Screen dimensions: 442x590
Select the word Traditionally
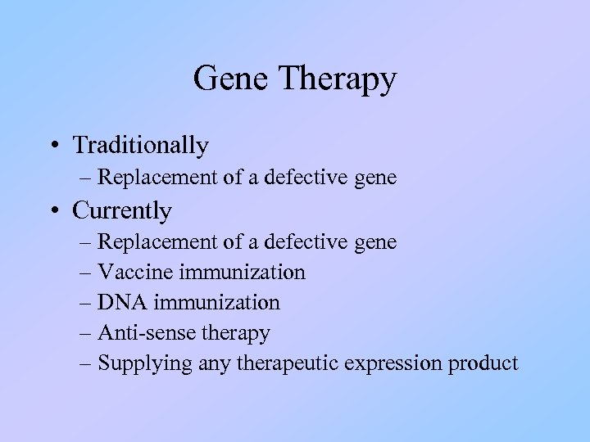tap(140, 146)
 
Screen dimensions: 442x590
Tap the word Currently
tap(122, 211)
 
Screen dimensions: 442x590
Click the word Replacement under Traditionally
tap(156, 178)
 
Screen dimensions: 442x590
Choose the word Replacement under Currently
tap(156, 242)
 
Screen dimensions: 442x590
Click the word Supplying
tap(145, 363)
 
